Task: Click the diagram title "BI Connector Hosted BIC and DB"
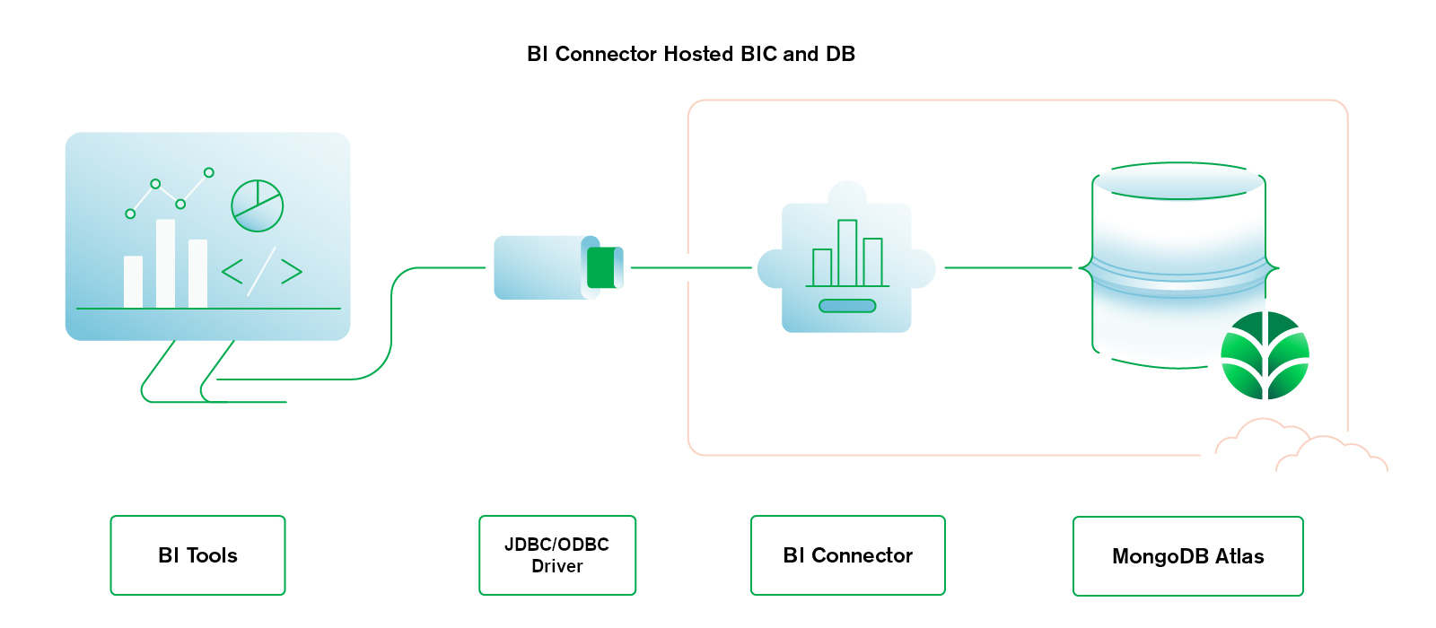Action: click(690, 54)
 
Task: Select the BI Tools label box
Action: click(197, 555)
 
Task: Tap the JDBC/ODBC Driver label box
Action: click(556, 555)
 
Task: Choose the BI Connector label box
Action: click(847, 555)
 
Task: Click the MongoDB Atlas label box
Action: click(1187, 556)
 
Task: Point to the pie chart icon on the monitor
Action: click(257, 205)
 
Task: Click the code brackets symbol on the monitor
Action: click(261, 271)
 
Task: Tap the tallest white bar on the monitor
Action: click(165, 264)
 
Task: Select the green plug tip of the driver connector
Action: click(602, 267)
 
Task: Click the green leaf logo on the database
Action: click(1265, 355)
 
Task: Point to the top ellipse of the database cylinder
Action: click(1178, 180)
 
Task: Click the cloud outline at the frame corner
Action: click(1300, 444)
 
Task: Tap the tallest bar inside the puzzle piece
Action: click(847, 253)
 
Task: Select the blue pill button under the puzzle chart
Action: click(847, 306)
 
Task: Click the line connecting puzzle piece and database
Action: click(1008, 267)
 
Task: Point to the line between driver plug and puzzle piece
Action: click(691, 267)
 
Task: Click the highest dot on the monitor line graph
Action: click(209, 172)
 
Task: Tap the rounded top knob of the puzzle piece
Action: click(847, 193)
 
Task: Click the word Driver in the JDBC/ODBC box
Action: click(556, 566)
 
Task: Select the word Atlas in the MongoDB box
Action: click(1239, 556)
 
